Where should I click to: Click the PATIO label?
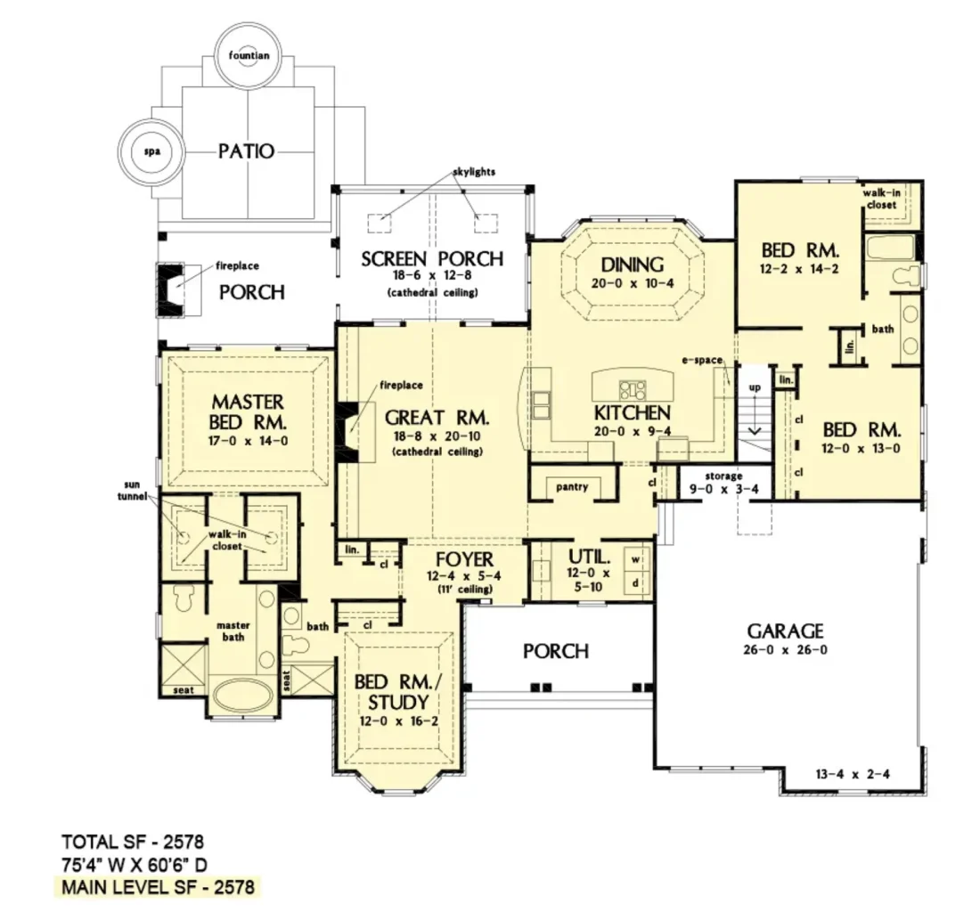(x=246, y=151)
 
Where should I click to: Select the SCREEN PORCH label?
(x=432, y=258)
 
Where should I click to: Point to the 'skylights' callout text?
(x=474, y=171)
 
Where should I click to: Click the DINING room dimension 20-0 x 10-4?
(x=633, y=283)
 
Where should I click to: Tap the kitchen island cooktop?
(x=633, y=390)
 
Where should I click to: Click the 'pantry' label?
(x=572, y=486)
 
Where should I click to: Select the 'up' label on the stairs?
(x=755, y=387)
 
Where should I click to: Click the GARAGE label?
(x=786, y=631)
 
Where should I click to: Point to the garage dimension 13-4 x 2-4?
(x=853, y=774)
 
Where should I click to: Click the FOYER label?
(x=464, y=558)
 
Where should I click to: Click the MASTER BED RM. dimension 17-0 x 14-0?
(x=249, y=441)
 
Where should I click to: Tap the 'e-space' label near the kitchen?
(x=702, y=360)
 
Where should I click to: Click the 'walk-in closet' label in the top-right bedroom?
(x=882, y=199)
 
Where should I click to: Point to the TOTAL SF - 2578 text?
(x=133, y=842)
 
